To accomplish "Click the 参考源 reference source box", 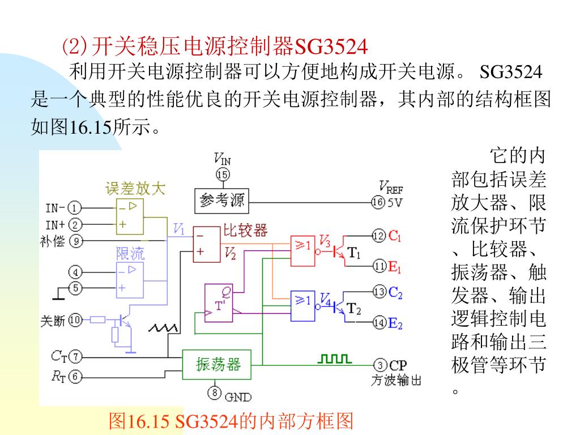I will click(x=222, y=201).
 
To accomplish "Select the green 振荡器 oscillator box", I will click(x=218, y=364).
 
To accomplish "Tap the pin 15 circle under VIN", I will click(x=223, y=174).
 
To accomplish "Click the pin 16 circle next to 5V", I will click(x=378, y=202).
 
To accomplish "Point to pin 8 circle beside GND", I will click(x=215, y=392).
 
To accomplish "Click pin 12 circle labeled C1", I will click(x=379, y=235).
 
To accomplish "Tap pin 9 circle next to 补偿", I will click(x=75, y=241).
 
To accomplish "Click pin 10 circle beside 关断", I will click(x=75, y=320).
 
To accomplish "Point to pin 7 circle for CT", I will click(x=75, y=357).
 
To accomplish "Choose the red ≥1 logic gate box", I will click(x=302, y=251).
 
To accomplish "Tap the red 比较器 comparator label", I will click(x=245, y=230).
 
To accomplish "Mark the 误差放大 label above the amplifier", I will click(x=135, y=189).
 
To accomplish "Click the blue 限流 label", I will click(x=130, y=253).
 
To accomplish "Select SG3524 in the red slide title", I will click(x=332, y=45).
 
